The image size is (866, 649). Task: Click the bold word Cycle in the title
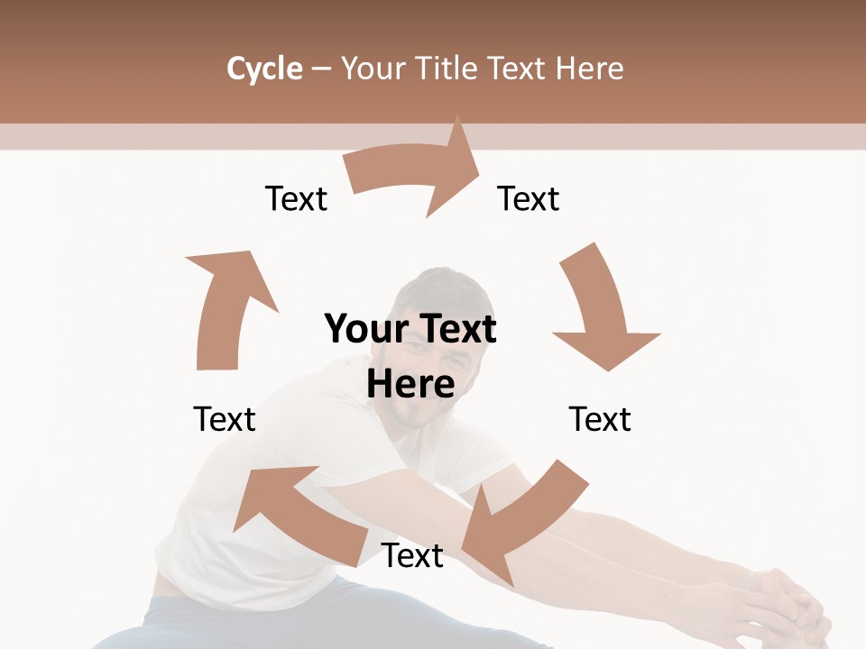[264, 69]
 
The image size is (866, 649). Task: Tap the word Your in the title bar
[374, 69]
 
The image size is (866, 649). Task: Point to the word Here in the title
[590, 69]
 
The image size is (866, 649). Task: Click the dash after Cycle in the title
[322, 69]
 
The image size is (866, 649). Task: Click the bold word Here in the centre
[410, 384]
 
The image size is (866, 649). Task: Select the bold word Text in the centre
[455, 330]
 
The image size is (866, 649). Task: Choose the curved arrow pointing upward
[226, 306]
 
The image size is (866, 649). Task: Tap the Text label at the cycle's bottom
[412, 555]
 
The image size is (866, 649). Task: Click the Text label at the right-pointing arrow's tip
[529, 198]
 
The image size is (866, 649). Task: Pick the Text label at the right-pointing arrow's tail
[296, 198]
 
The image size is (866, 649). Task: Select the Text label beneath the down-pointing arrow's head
[600, 419]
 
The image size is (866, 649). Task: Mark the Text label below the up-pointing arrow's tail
[225, 419]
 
